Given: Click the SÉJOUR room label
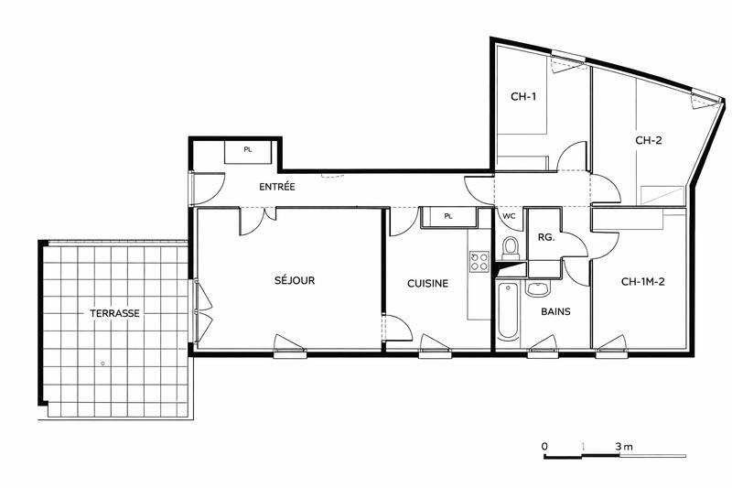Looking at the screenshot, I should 295,281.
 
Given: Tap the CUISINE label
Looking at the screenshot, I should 427,284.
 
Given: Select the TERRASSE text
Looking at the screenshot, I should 114,313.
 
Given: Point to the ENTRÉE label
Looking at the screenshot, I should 276,187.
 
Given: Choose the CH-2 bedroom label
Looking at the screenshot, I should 649,141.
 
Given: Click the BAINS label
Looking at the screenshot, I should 555,311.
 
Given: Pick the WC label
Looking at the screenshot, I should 510,216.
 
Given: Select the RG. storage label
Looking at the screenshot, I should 546,236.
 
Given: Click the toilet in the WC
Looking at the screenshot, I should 511,248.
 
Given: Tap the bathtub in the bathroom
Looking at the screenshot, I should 509,312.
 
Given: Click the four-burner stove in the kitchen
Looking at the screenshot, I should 479,263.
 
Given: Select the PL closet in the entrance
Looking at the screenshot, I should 248,150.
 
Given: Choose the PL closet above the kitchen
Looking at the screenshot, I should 447,217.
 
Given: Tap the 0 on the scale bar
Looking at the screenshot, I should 544,446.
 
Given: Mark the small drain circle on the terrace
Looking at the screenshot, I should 102,363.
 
